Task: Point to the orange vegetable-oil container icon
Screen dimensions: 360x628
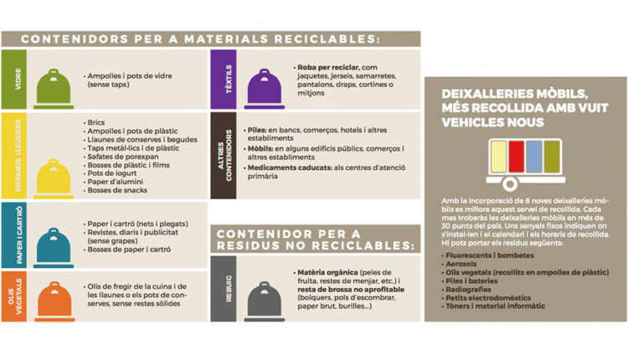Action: [x=51, y=296]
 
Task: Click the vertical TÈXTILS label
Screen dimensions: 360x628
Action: [x=224, y=80]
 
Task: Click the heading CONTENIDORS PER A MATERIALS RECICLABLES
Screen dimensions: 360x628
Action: [x=199, y=39]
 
